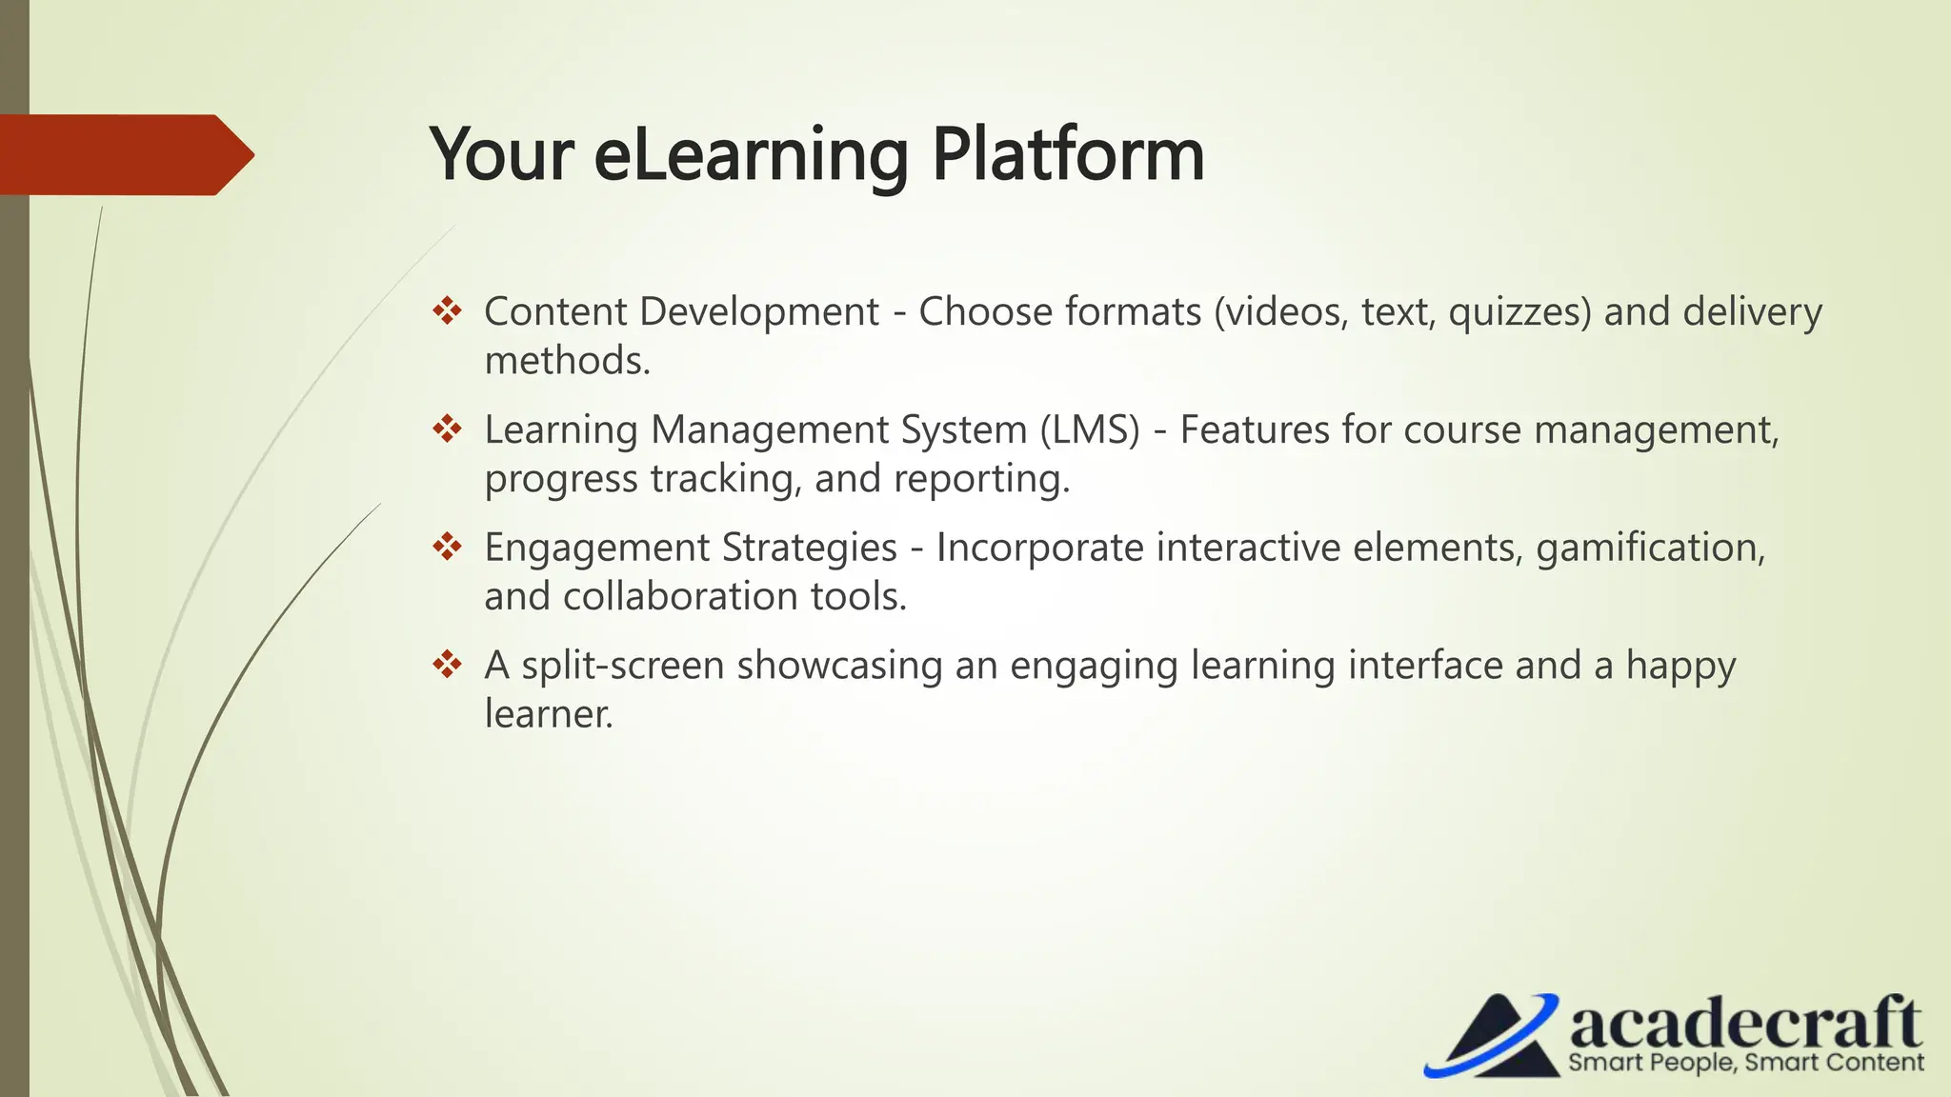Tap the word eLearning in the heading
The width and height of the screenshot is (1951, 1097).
[751, 154]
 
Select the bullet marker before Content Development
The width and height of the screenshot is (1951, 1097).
[447, 311]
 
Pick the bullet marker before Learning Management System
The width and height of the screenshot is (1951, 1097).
[447, 429]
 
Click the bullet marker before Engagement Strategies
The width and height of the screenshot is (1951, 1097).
[447, 547]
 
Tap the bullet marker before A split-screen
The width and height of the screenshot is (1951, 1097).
[447, 665]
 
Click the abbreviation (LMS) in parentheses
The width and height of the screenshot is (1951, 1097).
[1089, 429]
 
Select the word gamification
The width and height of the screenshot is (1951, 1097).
[1651, 548]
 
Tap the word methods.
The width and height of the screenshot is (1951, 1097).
[567, 361]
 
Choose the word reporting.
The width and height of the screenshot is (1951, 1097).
[981, 479]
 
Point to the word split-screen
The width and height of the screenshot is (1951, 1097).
[622, 666]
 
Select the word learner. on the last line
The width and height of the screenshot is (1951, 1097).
[548, 714]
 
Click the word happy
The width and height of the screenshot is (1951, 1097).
[1680, 666]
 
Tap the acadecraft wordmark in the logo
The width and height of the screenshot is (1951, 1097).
[1744, 1025]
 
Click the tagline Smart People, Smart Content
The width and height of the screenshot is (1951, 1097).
[1745, 1063]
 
